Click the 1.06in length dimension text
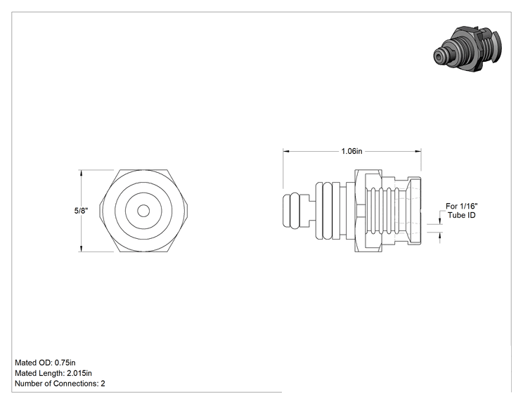point(351,151)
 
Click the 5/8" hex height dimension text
point(81,211)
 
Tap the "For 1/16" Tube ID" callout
point(462,211)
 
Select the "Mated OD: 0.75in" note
point(45,363)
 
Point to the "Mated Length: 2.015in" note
point(53,373)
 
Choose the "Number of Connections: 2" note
point(60,384)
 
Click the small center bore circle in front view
point(143,211)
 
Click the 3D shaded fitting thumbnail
point(467,48)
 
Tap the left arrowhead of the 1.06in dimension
point(286,151)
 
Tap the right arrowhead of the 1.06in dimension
point(418,151)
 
